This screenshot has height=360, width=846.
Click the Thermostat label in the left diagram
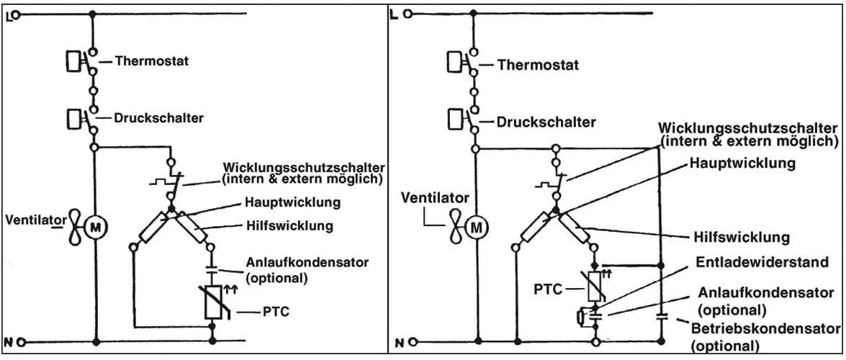coord(151,61)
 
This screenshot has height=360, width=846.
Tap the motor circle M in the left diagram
coord(96,228)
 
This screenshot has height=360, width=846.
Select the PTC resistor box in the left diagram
coord(212,302)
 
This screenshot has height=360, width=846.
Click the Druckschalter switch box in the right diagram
coord(455,117)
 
